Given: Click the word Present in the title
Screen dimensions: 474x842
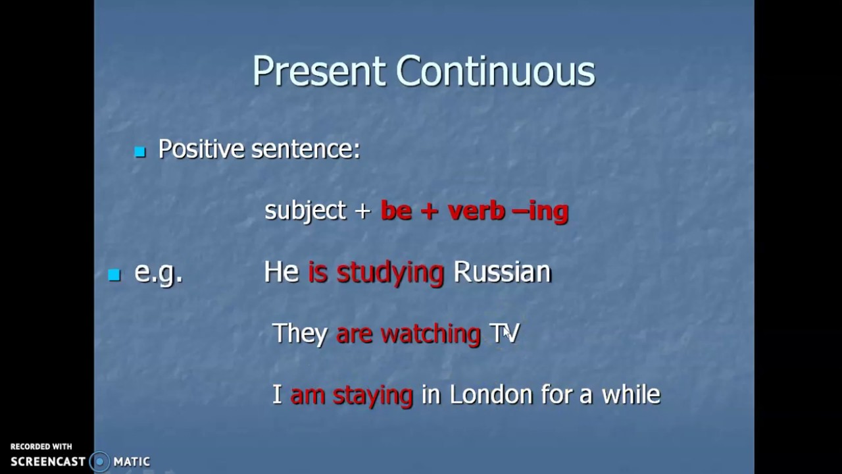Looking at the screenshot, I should click(x=319, y=71).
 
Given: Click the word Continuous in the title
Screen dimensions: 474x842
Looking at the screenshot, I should click(x=495, y=71).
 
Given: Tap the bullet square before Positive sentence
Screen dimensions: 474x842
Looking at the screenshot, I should click(x=139, y=152).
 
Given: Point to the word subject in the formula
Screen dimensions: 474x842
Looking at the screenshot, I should click(x=305, y=211).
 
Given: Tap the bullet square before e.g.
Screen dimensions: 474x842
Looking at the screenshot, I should click(x=114, y=275).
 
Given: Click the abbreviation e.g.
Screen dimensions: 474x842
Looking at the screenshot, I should click(x=158, y=273).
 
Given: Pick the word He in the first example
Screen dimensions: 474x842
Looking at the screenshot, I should click(x=282, y=272).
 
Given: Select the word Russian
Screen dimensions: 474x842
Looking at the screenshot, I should click(x=503, y=272).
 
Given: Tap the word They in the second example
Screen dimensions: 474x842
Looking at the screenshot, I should click(x=300, y=334).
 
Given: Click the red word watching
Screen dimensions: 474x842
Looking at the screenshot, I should click(x=431, y=334).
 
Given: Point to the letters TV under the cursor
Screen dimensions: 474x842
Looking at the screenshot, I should click(x=505, y=333).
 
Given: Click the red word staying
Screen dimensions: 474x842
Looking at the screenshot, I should click(x=373, y=395).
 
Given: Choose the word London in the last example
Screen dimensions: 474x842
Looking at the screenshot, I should click(x=491, y=394).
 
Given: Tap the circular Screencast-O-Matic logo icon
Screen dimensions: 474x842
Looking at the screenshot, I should click(x=99, y=461).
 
